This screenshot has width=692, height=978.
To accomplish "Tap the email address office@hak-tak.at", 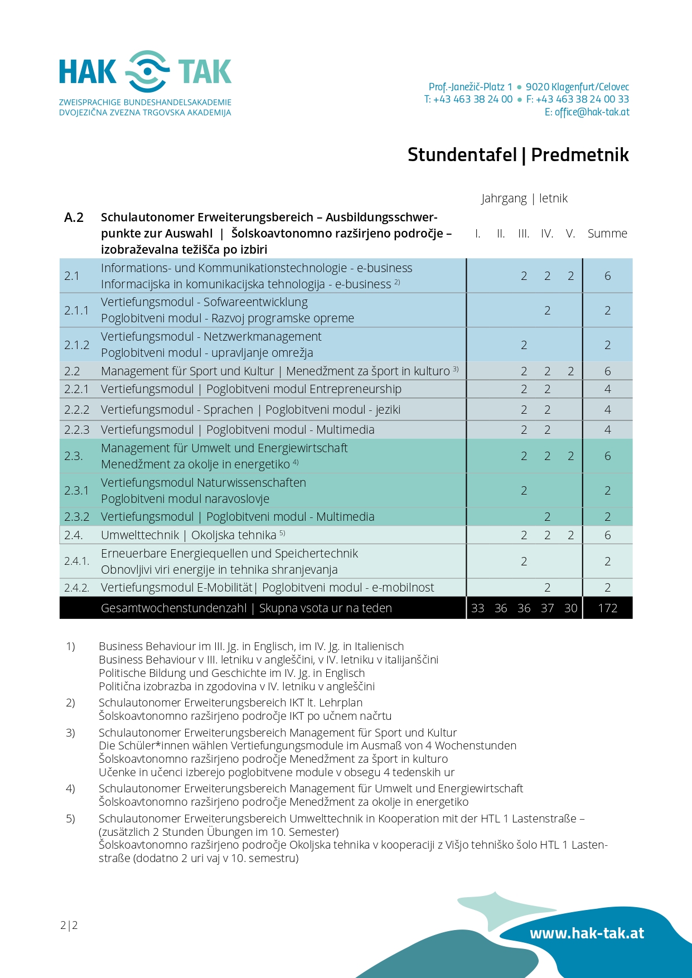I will pyautogui.click(x=592, y=112).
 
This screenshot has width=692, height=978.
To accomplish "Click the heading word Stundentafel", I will pyautogui.click(x=462, y=154).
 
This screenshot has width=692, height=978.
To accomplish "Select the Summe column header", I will pyautogui.click(x=607, y=234).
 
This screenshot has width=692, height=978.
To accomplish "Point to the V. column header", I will pyautogui.click(x=570, y=234).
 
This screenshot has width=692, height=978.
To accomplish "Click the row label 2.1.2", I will pyautogui.click(x=76, y=345).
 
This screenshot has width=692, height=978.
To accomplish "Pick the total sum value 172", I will pyautogui.click(x=607, y=608).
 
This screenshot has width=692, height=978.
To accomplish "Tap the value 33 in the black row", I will pyautogui.click(x=477, y=608).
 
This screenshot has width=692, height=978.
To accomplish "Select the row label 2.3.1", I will pyautogui.click(x=76, y=491).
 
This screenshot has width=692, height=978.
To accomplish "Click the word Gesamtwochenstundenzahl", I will pyautogui.click(x=173, y=608).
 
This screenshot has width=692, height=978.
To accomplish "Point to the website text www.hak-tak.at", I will pyautogui.click(x=587, y=933).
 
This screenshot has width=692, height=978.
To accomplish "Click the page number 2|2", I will pyautogui.click(x=69, y=926).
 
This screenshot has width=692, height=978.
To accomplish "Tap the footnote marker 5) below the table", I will pyautogui.click(x=70, y=819).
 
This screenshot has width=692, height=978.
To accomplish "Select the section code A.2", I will pyautogui.click(x=74, y=217).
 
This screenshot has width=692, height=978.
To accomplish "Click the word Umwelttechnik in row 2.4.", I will pyautogui.click(x=140, y=535).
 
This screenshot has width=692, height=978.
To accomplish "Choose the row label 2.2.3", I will pyautogui.click(x=76, y=430).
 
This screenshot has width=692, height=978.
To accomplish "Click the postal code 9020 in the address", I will pyautogui.click(x=537, y=87).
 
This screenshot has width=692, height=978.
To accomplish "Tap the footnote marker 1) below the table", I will pyautogui.click(x=70, y=646).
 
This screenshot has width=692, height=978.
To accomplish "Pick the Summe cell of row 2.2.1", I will pyautogui.click(x=607, y=389).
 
